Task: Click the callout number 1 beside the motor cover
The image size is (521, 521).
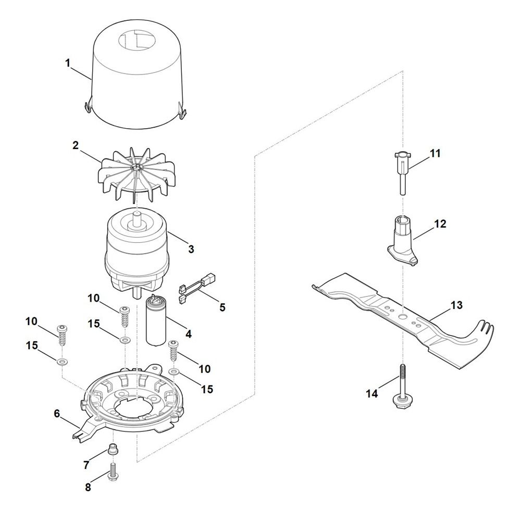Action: (68, 63)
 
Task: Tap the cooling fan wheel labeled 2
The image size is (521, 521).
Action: (137, 175)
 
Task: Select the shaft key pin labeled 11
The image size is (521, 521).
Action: (402, 173)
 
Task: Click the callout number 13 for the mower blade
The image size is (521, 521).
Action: (457, 305)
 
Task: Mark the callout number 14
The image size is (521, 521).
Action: (372, 394)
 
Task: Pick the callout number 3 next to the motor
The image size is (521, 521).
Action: (191, 249)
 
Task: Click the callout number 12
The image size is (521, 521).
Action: (440, 224)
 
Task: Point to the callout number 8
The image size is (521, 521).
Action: (88, 488)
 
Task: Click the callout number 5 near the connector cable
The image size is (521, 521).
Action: (222, 307)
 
